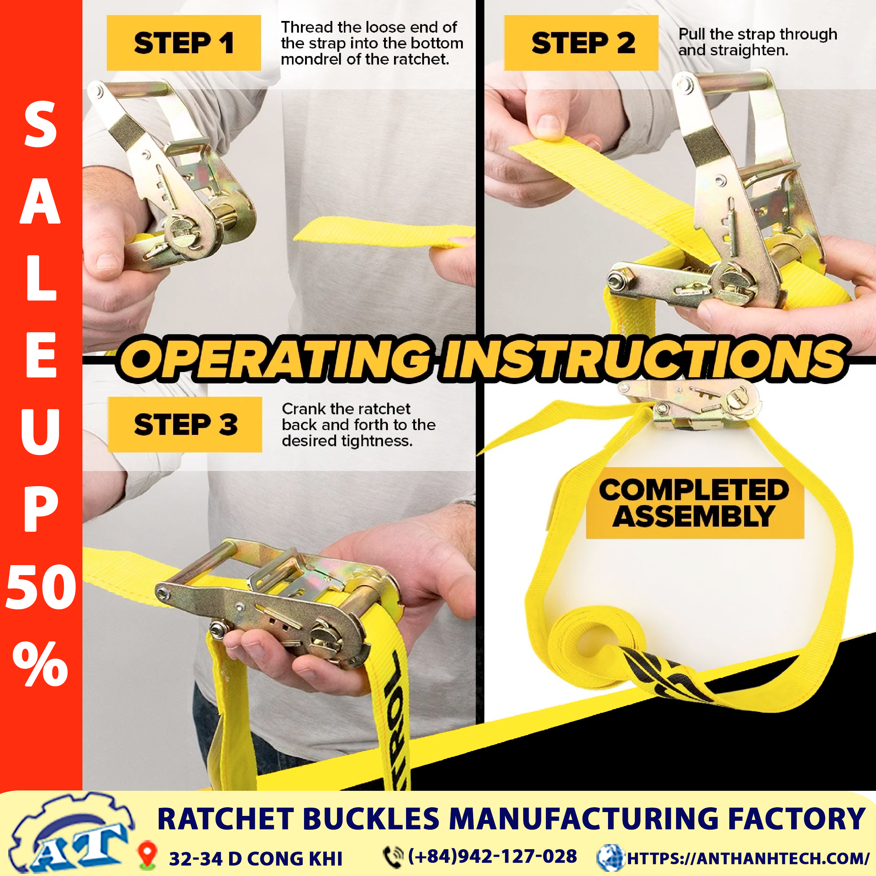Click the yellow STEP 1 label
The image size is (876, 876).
coord(184,43)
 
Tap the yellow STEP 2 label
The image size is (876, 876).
coord(581,43)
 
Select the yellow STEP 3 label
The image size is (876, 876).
coord(185,424)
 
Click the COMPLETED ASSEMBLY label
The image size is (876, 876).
coord(695,503)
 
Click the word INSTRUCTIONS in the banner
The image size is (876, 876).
coord(644,359)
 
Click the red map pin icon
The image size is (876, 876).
coord(147,855)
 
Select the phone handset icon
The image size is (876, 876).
coord(393,856)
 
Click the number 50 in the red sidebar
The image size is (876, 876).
coord(41,588)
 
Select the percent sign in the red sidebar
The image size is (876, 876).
coord(41,663)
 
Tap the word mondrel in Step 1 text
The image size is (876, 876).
coord(311,59)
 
